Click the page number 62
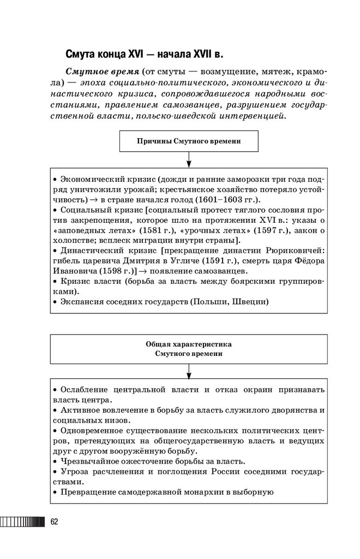[54, 521]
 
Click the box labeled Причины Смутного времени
[189, 141]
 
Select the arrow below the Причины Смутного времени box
[189, 159]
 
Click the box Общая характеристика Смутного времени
[189, 349]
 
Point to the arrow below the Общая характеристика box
[189, 371]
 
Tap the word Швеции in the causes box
[250, 301]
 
